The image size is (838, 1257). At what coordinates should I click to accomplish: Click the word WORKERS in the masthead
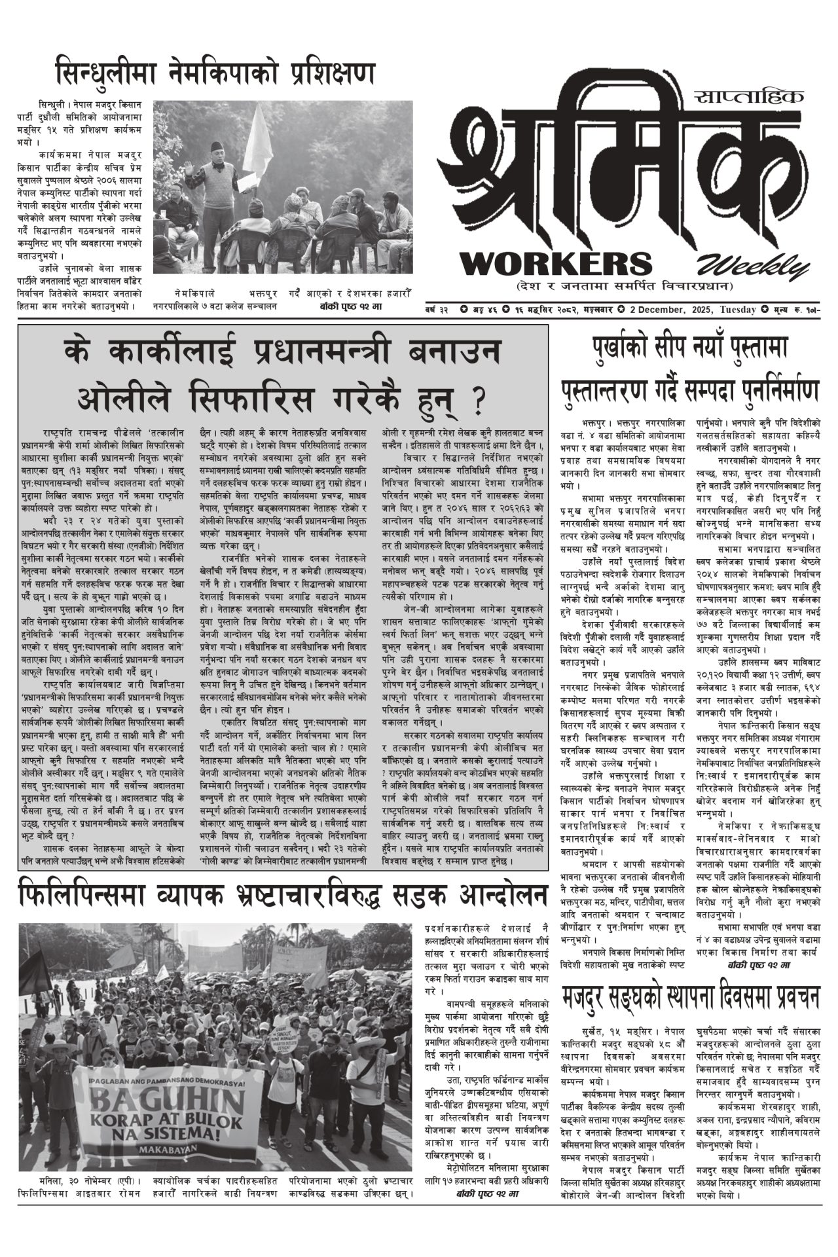coord(556,263)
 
